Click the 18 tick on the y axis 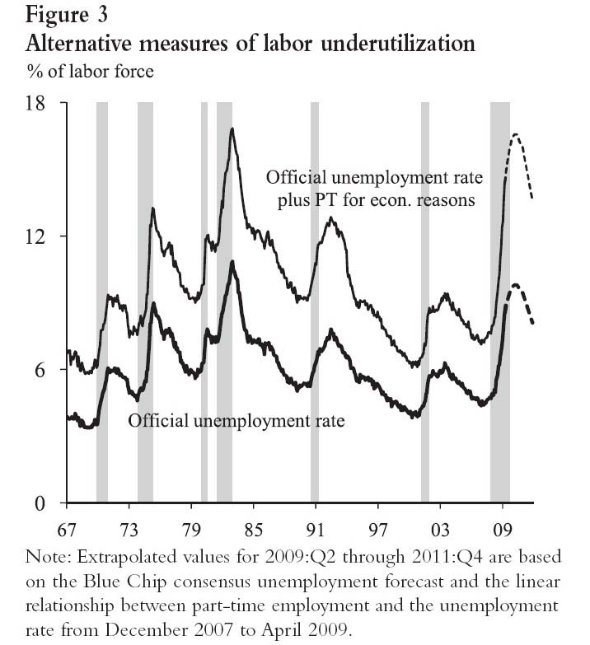(x=34, y=103)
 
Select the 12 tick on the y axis (x=34, y=236)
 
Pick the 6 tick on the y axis (x=40, y=370)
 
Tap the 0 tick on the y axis (x=40, y=502)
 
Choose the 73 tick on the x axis (x=129, y=528)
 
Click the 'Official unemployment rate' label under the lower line (x=235, y=421)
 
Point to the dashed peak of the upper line (x=516, y=134)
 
